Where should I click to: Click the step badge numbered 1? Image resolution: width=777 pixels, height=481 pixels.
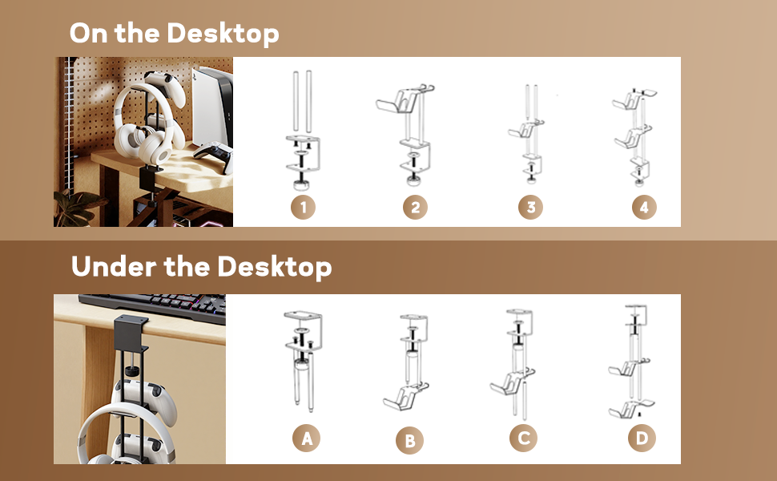point(303,208)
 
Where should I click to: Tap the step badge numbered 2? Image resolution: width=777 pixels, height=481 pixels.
point(415,208)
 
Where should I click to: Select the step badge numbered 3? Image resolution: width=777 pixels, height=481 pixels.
point(529,208)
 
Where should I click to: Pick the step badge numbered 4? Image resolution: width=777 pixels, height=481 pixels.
point(643,208)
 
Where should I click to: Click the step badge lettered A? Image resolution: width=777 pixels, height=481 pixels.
point(305,438)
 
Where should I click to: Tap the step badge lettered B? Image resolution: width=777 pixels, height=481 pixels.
point(410,441)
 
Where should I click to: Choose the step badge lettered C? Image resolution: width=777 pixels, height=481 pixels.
point(523,438)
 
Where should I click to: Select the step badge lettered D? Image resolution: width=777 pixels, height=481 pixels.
point(642,438)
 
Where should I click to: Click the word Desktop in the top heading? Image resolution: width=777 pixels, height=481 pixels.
point(223,34)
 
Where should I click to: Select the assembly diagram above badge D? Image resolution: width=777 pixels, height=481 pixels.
point(633,361)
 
